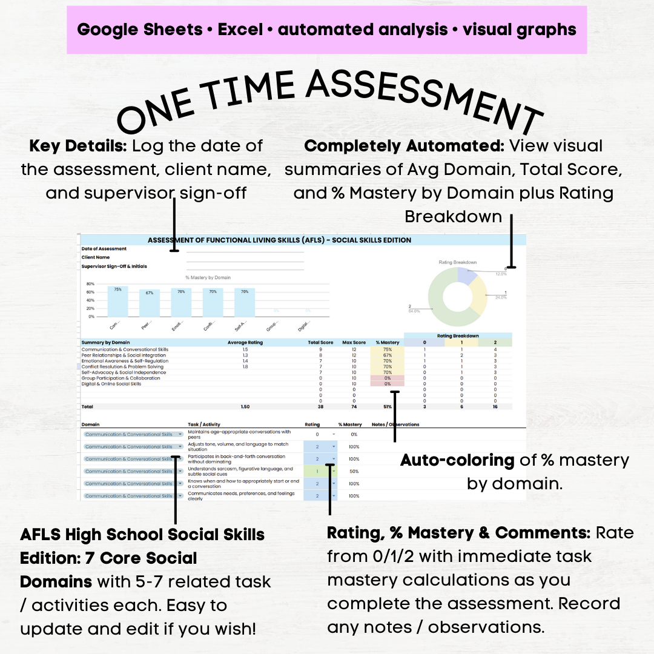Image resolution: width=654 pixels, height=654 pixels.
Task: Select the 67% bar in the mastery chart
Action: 149,303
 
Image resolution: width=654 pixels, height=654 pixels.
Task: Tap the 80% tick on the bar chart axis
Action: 90,284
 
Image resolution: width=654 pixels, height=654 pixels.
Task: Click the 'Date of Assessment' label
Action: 104,249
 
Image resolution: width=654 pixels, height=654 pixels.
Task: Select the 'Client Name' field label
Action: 96,257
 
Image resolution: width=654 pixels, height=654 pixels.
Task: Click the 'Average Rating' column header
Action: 245,343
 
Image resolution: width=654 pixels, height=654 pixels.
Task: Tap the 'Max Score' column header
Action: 354,343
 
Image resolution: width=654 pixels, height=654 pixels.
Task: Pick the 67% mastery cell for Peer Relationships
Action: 388,355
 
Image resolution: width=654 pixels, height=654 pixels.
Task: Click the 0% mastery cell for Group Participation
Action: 388,378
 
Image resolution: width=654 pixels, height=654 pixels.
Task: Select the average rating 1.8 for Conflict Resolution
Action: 245,366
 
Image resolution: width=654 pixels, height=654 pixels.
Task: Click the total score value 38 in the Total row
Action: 320,407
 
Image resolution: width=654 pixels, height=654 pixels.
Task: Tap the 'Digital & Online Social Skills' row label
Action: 111,384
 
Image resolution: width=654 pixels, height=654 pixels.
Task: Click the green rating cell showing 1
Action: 318,471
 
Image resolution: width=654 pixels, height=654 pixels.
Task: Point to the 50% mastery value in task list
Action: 354,471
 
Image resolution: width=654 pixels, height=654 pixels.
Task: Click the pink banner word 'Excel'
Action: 243,29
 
